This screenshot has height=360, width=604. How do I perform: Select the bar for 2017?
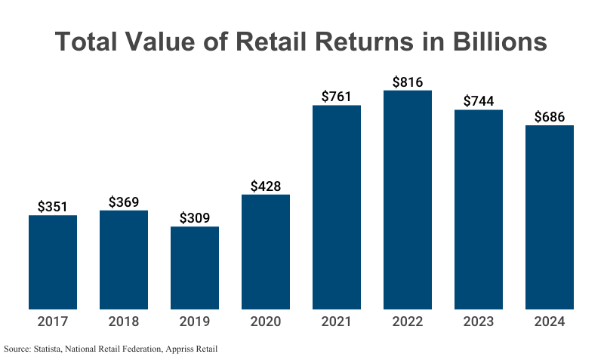pyautogui.click(x=53, y=262)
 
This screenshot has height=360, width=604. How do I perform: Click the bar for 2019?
pyautogui.click(x=195, y=268)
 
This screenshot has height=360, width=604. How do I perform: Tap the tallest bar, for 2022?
pyautogui.click(x=408, y=200)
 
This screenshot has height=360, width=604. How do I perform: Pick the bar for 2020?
pyautogui.click(x=266, y=252)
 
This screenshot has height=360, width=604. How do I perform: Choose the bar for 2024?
pyautogui.click(x=550, y=217)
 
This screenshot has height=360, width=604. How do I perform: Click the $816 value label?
pyautogui.click(x=408, y=82)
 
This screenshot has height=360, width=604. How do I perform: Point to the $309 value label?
pyautogui.click(x=195, y=218)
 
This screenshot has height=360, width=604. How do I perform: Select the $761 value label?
pyautogui.click(x=337, y=97)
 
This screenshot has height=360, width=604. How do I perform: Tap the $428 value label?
pyautogui.click(x=266, y=186)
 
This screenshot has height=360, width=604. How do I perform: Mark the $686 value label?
pyautogui.click(x=550, y=117)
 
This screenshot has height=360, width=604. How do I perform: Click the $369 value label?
pyautogui.click(x=124, y=202)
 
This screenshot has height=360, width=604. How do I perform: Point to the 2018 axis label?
pyautogui.click(x=124, y=322)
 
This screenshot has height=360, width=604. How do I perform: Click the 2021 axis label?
pyautogui.click(x=337, y=322)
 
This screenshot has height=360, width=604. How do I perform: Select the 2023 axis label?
pyautogui.click(x=479, y=322)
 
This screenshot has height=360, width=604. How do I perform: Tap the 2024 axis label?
pyautogui.click(x=550, y=322)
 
